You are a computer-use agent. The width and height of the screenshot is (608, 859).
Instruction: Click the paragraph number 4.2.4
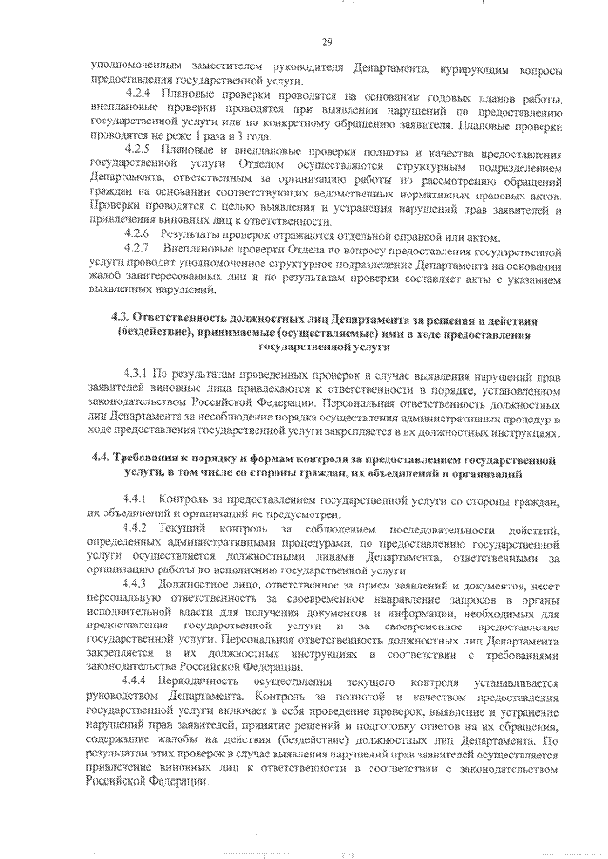point(139,96)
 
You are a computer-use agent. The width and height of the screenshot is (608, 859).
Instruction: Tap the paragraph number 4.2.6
point(139,233)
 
